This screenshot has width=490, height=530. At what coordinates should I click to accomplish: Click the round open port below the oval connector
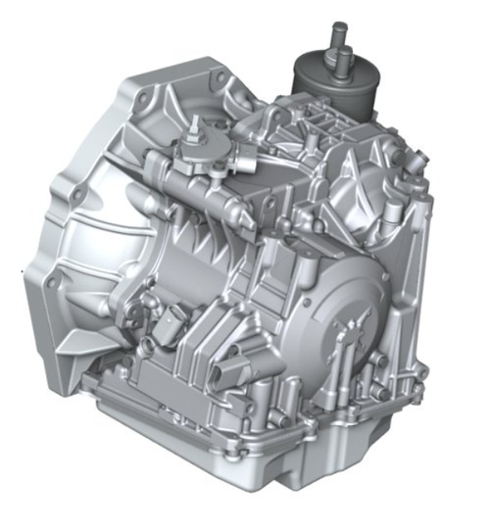[147, 345]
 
